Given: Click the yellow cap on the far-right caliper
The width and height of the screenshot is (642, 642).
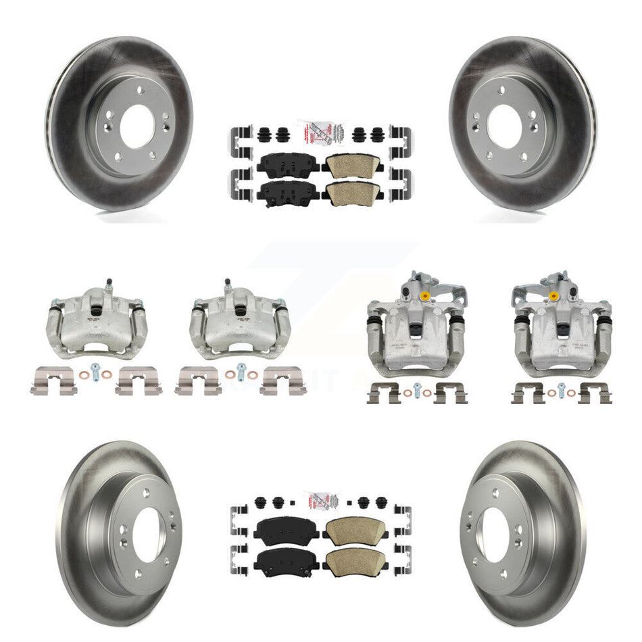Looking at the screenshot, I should pyautogui.click(x=553, y=296).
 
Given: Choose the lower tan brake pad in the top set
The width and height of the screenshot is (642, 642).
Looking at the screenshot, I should pyautogui.click(x=351, y=193).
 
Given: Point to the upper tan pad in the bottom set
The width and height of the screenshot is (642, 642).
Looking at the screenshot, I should pyautogui.click(x=351, y=527).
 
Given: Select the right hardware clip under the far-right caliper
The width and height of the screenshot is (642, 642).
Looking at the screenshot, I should pyautogui.click(x=595, y=393).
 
